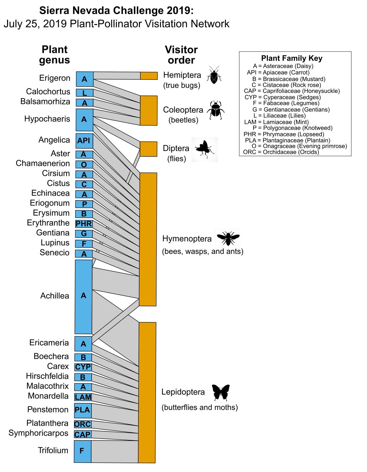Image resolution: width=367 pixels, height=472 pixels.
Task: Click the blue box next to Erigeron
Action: tap(85, 79)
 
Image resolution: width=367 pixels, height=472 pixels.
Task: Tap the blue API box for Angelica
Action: tap(84, 141)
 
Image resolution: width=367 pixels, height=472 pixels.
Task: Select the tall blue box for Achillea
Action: tap(84, 297)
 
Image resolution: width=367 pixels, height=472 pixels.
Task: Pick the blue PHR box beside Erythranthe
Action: tap(84, 224)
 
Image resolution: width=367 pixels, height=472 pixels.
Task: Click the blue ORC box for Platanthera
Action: tap(83, 424)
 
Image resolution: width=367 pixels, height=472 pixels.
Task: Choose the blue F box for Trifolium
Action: tap(82, 451)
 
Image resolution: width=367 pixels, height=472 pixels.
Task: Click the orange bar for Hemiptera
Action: tap(149, 76)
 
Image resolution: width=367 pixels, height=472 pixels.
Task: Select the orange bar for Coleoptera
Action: tap(149, 110)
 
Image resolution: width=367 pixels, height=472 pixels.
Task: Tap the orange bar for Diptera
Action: tap(148, 149)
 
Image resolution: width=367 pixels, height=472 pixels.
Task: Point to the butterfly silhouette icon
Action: tap(221, 392)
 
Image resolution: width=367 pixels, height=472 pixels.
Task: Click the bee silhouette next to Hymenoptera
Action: tap(228, 238)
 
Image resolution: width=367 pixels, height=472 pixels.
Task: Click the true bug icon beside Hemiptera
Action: tap(214, 75)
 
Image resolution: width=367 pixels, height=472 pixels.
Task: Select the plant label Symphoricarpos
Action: tap(38, 433)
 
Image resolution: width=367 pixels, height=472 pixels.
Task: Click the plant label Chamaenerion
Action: tap(43, 163)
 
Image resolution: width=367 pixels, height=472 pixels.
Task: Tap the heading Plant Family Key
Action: tap(292, 58)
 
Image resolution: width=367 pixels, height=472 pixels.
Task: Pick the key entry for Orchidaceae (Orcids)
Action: tap(281, 152)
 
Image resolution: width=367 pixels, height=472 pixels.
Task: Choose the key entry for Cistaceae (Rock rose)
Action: tap(286, 85)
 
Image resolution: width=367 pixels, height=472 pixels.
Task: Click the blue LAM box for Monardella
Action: tap(83, 397)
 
